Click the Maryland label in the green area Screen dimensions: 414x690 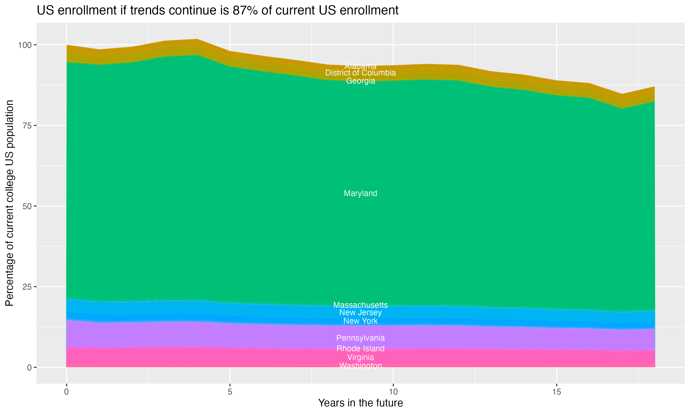pos(360,193)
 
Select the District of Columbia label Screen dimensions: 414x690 pos(360,73)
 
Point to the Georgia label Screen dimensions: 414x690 pos(360,81)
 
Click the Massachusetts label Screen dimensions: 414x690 pos(360,305)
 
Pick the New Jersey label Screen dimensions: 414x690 pos(360,312)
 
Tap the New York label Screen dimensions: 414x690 pos(360,321)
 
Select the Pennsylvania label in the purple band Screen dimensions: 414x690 pos(360,338)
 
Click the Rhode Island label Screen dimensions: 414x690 pos(360,349)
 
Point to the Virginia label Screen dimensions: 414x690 pos(360,357)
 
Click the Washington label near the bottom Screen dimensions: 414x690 pos(360,366)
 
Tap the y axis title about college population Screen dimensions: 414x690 pos(9,203)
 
